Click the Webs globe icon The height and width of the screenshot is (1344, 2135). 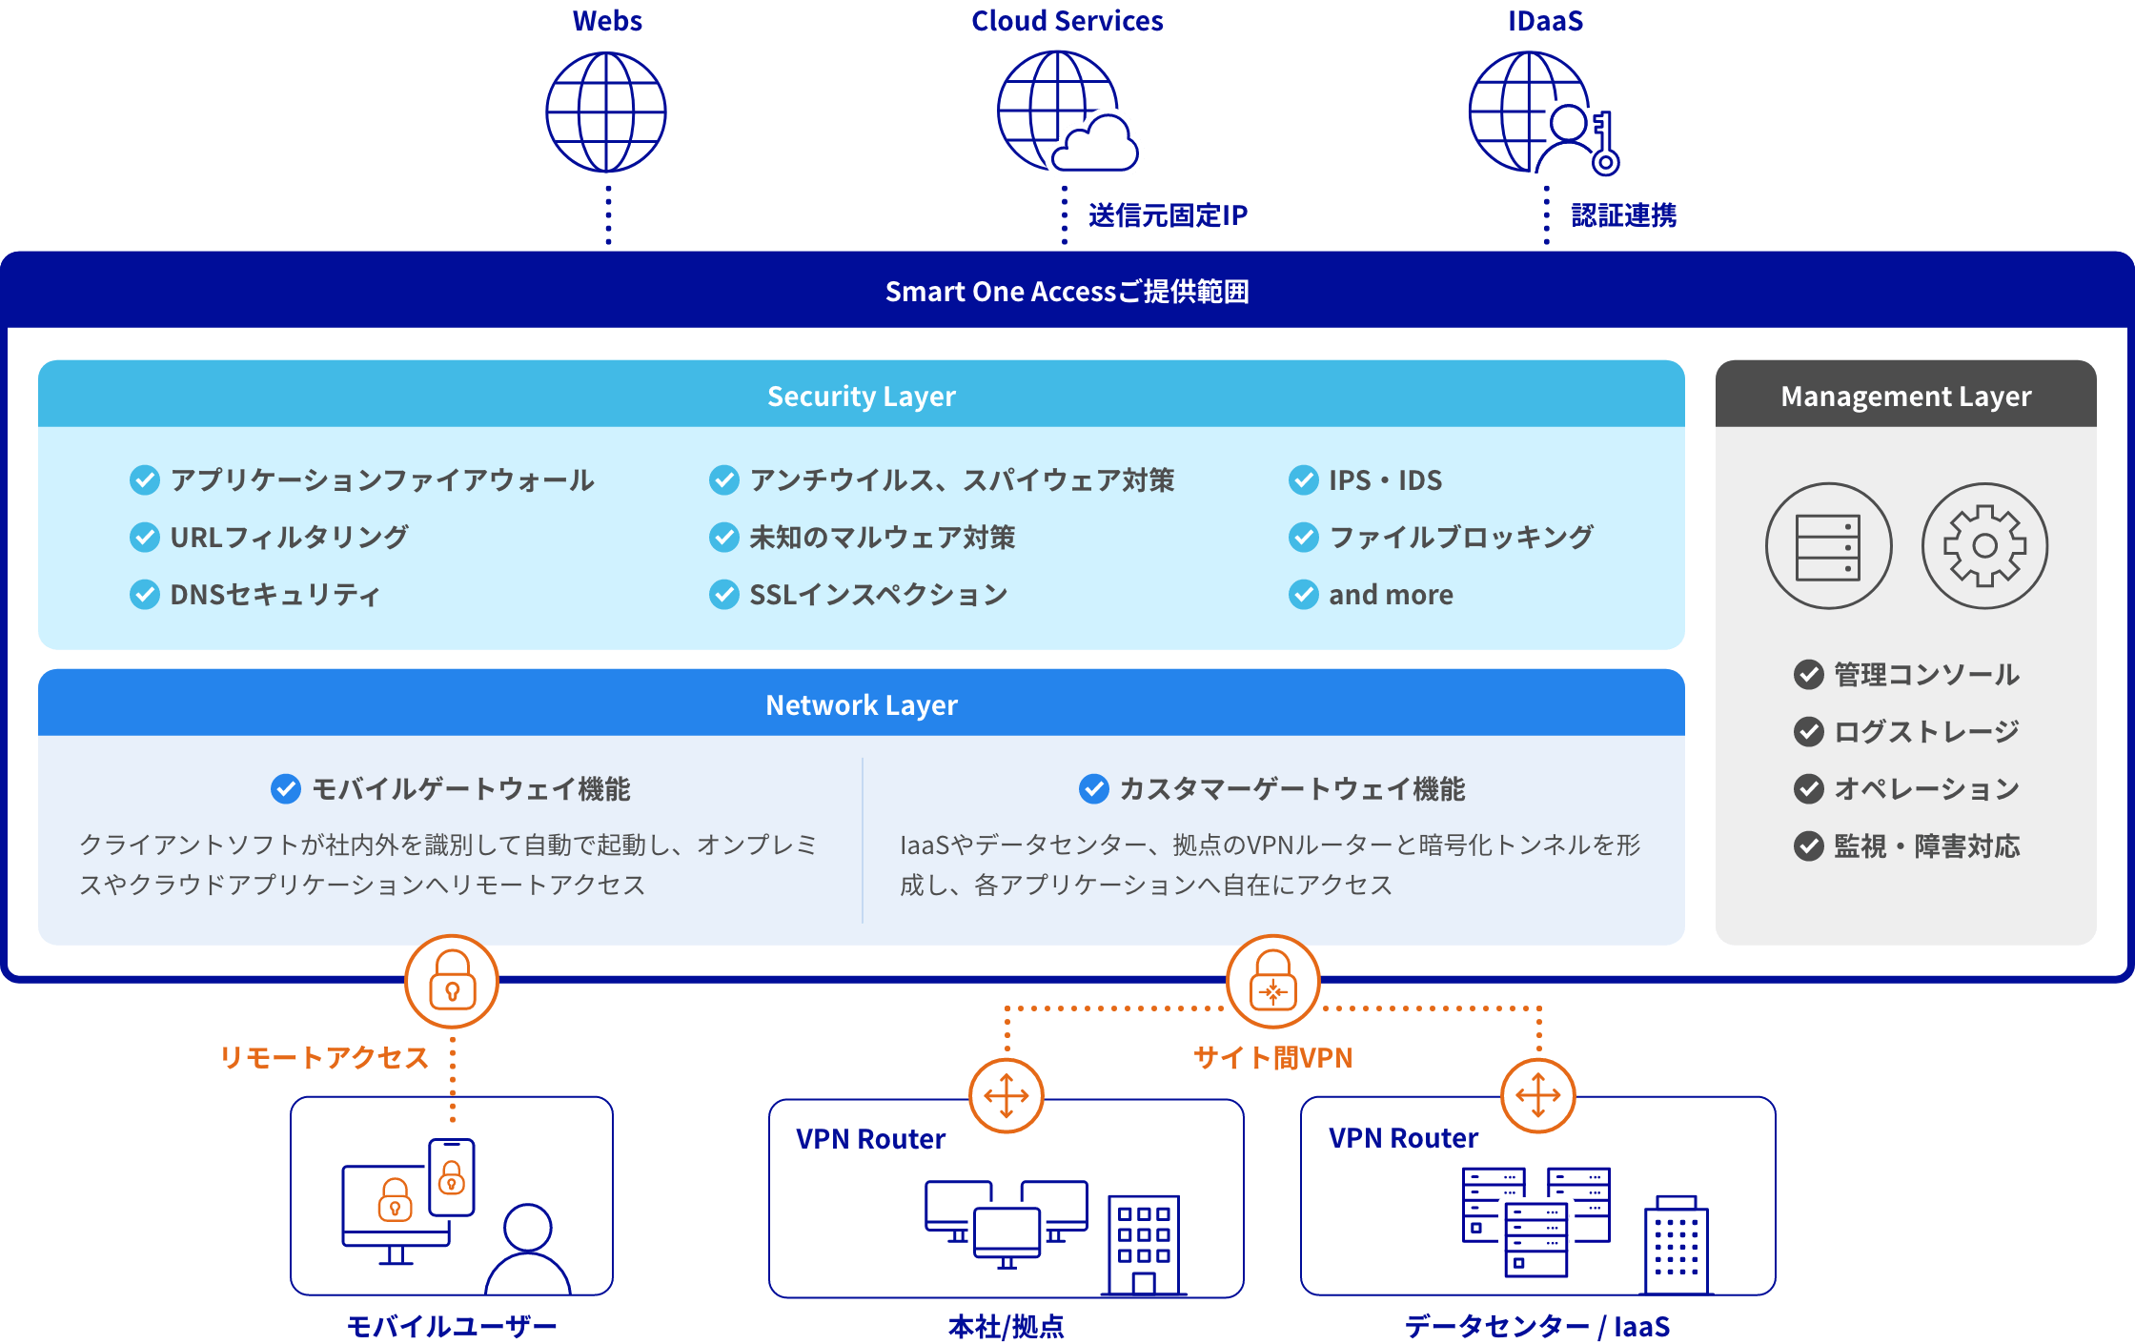606,112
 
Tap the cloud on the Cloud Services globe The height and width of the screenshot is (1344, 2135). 1096,146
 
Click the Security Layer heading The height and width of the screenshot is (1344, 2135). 861,396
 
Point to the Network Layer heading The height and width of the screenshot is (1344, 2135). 861,704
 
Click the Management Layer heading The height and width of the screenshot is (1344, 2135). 1905,396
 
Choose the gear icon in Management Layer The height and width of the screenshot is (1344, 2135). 1984,545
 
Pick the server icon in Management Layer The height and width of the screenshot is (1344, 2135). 1828,545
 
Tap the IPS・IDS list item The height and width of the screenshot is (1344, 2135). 1385,480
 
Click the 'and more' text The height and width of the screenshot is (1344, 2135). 1391,595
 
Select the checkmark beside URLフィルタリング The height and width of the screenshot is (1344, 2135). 145,538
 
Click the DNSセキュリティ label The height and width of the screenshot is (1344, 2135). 274,595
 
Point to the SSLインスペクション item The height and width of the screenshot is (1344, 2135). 878,595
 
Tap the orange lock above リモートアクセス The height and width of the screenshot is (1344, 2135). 452,981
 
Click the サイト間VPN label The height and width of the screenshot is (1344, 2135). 1272,1057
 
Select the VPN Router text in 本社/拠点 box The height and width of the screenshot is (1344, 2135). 870,1139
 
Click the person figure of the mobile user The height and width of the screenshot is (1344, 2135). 528,1249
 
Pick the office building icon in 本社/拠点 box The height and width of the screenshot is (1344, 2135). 1144,1244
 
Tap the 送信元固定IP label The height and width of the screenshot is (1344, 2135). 1168,215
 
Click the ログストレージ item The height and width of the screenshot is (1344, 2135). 1926,732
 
